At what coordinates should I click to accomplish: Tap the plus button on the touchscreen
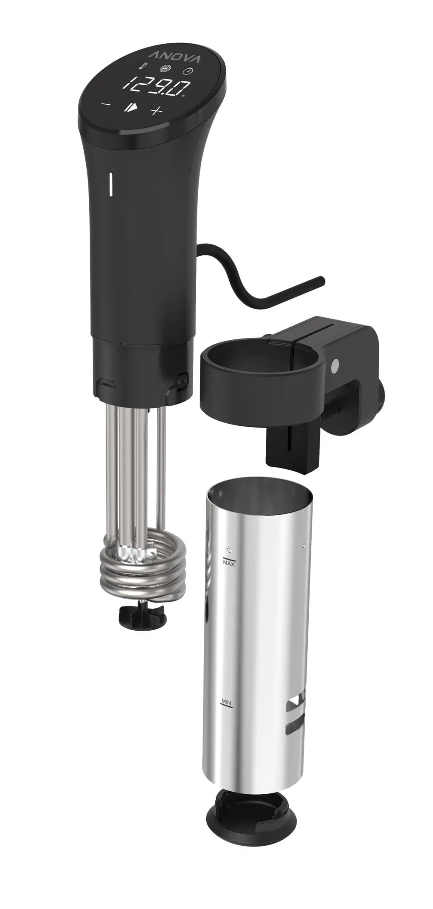click(156, 111)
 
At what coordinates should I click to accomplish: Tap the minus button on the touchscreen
click(105, 104)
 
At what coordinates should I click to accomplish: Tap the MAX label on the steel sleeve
click(228, 563)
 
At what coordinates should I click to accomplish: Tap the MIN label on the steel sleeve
click(226, 700)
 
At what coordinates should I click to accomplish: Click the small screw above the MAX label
click(229, 550)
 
